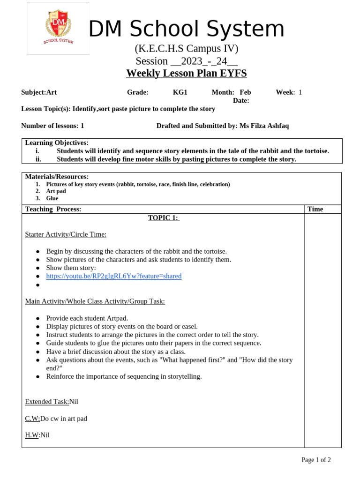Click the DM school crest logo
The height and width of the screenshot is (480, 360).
coord(58,28)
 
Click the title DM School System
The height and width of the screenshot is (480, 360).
coord(187,30)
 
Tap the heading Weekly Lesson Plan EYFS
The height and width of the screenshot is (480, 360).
coord(186,74)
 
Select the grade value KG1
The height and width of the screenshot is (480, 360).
coord(180,92)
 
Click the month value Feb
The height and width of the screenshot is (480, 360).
coord(245,92)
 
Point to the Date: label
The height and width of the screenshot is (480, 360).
coord(241,101)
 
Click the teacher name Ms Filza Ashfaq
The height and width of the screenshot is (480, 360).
coord(264,126)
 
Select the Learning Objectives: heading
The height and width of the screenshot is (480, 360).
coord(57,142)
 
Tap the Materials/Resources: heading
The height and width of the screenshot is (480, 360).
coord(57,177)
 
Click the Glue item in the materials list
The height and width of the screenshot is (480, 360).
coord(52,198)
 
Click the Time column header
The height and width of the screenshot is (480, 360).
coord(315,209)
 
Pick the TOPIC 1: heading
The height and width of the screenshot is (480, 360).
coord(164,217)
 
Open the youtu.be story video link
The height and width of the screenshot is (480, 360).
coord(113,276)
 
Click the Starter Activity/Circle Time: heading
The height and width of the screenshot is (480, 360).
coord(66,234)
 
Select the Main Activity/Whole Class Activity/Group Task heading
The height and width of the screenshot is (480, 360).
coord(95,301)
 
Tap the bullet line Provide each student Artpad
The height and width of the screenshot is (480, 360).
coord(87,318)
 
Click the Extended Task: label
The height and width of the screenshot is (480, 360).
coord(47,402)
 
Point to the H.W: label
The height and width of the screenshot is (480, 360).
coord(32,435)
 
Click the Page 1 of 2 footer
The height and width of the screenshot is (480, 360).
coord(316,460)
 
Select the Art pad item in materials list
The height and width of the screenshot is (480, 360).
coord(55,191)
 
